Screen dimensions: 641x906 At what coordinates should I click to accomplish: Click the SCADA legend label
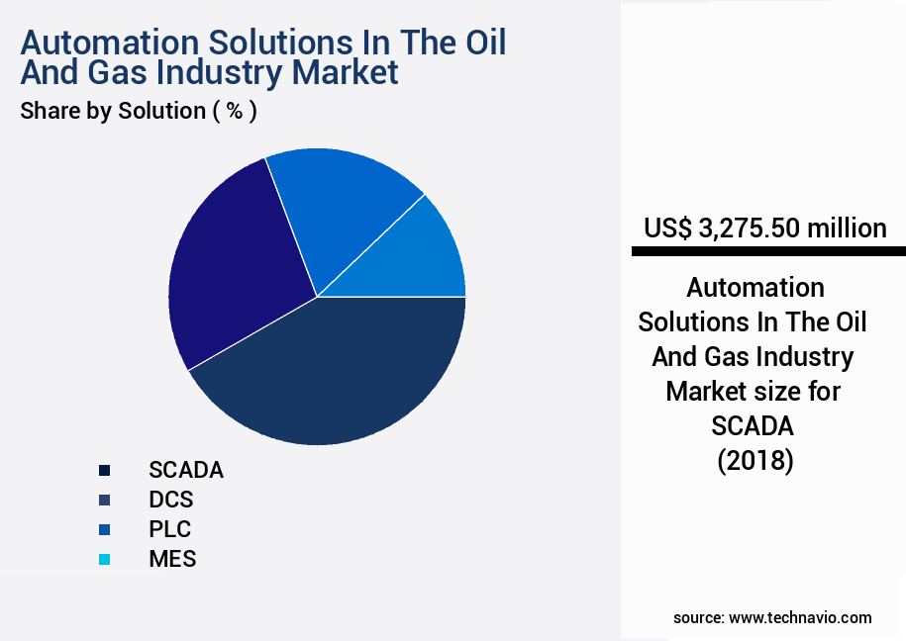[x=186, y=470]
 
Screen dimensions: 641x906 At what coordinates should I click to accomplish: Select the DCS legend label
[x=171, y=500]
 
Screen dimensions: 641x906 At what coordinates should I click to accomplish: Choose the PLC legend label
[x=170, y=529]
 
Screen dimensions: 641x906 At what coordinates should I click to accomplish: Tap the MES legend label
[x=172, y=559]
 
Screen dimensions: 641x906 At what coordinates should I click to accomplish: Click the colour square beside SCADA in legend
[x=104, y=470]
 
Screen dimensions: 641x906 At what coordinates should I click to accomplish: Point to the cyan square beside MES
[x=104, y=559]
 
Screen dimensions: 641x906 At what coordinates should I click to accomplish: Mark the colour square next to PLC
[x=104, y=529]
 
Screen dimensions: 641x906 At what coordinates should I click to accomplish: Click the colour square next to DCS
[x=104, y=500]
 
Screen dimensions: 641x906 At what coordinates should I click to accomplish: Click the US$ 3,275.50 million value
[x=764, y=229]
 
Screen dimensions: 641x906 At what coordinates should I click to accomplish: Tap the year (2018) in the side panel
[x=755, y=461]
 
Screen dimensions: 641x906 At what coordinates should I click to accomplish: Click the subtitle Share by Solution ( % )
[x=139, y=111]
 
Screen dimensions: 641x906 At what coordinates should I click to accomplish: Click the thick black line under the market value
[x=768, y=252]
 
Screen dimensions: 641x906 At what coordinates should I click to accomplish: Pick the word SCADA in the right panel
[x=754, y=426]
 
